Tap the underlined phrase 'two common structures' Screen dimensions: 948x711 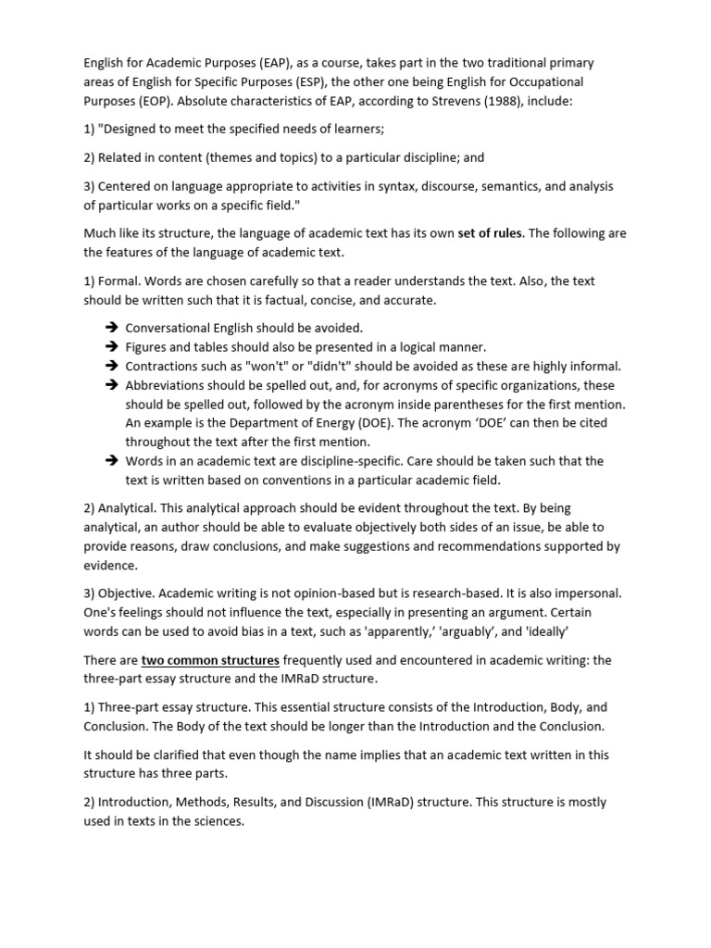pos(210,660)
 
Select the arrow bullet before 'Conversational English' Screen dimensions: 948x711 pos(112,328)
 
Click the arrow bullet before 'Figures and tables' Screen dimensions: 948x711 pos(112,346)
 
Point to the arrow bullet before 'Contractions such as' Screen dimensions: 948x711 pos(112,366)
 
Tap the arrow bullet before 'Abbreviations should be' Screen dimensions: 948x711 pos(112,385)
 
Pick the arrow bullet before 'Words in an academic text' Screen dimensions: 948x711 pos(112,461)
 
